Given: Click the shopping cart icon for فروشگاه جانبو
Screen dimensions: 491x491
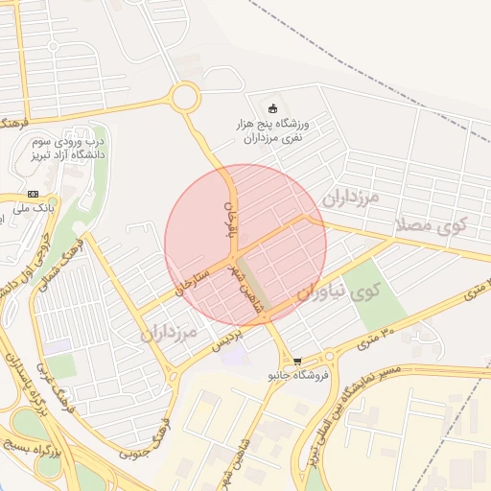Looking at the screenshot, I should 297,362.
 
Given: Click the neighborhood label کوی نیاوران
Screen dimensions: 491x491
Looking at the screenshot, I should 336,292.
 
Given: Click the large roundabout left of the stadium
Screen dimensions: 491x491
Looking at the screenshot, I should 185,96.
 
